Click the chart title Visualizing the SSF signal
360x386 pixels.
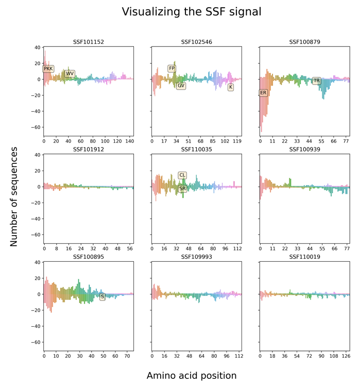[x=192, y=11]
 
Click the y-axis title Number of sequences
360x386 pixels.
[x=14, y=197]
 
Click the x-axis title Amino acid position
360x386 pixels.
[x=192, y=375]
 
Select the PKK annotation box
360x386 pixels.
[x=48, y=69]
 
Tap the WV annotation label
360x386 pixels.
[x=70, y=74]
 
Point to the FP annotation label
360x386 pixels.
[x=172, y=68]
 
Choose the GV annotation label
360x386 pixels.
[x=181, y=86]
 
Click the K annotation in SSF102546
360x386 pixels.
[x=231, y=87]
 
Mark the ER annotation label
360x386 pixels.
[x=263, y=93]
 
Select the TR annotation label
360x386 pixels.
[x=316, y=80]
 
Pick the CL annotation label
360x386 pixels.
[x=182, y=175]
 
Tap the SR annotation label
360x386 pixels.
[x=182, y=189]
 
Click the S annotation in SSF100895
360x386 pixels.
[x=102, y=296]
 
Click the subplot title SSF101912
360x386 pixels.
[x=89, y=149]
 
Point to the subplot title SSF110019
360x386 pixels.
[x=304, y=257]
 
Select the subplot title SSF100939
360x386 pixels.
[x=304, y=149]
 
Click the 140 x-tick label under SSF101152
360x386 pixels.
[x=129, y=141]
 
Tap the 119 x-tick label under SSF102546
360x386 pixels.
[x=237, y=141]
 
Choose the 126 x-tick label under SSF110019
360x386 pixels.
[x=346, y=356]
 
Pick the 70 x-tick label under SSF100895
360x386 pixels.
[x=127, y=356]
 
